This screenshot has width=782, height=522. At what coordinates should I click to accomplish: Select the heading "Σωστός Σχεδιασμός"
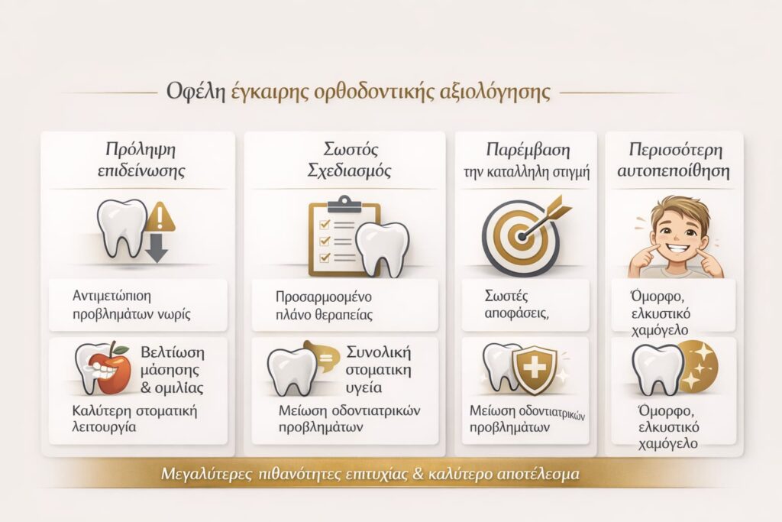(344, 159)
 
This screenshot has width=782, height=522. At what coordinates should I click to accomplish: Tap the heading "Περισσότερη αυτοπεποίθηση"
(674, 159)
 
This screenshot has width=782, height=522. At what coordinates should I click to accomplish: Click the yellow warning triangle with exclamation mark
(161, 217)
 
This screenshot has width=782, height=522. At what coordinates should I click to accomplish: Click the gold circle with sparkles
(697, 365)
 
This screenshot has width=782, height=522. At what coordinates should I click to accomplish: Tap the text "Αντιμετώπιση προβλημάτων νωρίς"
(122, 305)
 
